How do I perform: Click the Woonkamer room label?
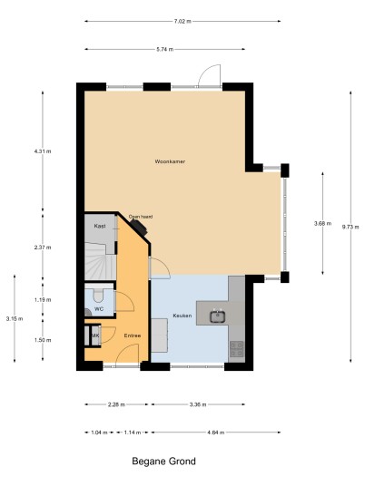click(x=170, y=161)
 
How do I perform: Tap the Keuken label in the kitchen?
click(x=182, y=316)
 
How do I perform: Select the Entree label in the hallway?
click(x=133, y=335)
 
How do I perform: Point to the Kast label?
click(x=100, y=226)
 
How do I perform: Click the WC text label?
click(x=99, y=309)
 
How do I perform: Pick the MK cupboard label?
click(x=95, y=335)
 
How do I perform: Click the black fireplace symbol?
click(x=139, y=228)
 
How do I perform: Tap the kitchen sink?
click(x=218, y=316)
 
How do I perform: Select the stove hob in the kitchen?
click(x=236, y=349)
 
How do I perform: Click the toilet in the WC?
click(x=98, y=296)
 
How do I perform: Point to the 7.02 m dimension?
click(x=182, y=22)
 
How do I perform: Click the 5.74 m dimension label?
click(x=164, y=49)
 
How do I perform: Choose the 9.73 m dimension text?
click(x=350, y=227)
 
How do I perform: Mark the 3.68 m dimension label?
click(x=322, y=223)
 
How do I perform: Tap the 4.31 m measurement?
click(x=43, y=151)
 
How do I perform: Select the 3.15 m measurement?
click(x=15, y=318)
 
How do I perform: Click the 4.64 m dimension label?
click(x=215, y=433)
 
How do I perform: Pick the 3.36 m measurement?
click(x=197, y=404)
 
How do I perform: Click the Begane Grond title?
click(x=163, y=462)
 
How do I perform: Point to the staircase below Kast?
click(x=100, y=261)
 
